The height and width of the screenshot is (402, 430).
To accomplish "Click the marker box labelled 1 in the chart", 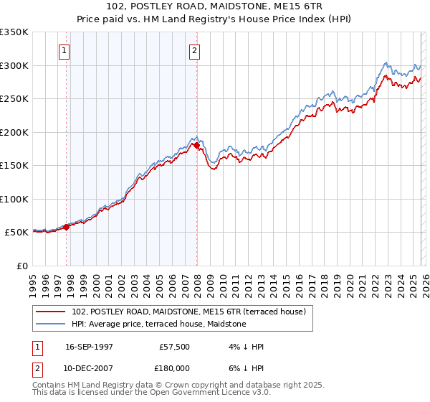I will [x=64, y=50].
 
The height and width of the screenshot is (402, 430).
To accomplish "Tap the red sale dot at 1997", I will [x=67, y=227].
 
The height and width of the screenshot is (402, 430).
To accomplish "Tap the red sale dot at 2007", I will [x=196, y=146].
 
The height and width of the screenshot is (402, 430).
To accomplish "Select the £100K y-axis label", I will [x=15, y=199].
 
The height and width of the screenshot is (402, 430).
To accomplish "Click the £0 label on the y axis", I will [x=22, y=266].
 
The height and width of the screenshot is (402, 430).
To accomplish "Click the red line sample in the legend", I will [x=51, y=312].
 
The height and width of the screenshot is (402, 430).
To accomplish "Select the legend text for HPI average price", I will [x=158, y=324].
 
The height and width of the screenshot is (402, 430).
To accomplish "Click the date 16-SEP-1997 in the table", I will [x=89, y=347].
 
